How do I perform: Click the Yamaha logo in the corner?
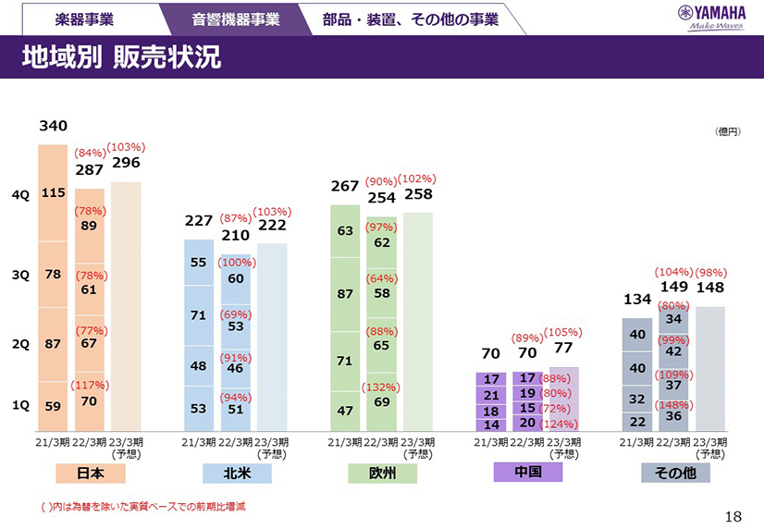[x=712, y=17]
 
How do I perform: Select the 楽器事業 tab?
[x=84, y=18]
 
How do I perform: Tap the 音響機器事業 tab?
[x=236, y=18]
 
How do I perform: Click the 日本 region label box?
[x=90, y=473]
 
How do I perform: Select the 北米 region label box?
[x=237, y=473]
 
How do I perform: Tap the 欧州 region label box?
[x=382, y=473]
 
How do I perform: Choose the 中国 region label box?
[x=527, y=472]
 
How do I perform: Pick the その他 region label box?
[x=675, y=473]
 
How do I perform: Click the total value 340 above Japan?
[x=52, y=126]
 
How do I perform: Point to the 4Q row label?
[x=20, y=195]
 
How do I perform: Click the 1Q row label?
[x=20, y=405]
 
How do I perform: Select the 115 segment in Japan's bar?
[x=53, y=192]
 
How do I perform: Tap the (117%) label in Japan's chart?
[x=91, y=385]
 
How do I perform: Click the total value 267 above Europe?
[x=344, y=187]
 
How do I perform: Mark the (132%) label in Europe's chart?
[x=381, y=387]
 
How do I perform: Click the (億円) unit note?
[x=728, y=132]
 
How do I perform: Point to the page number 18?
[x=733, y=516]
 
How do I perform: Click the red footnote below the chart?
[x=142, y=507]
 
